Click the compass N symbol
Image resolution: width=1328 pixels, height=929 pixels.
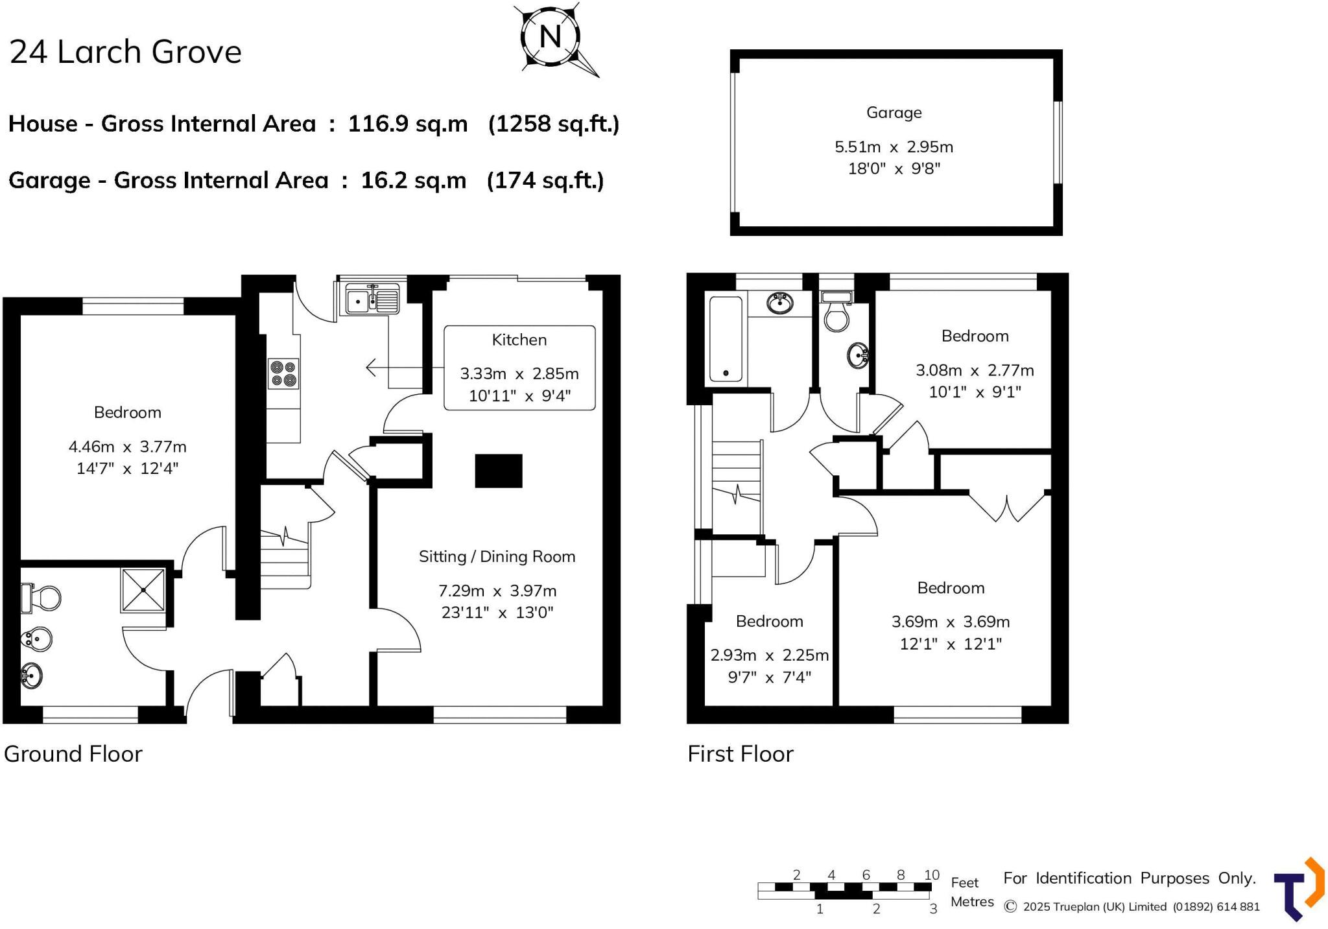click(550, 36)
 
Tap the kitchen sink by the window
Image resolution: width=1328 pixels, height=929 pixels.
click(372, 300)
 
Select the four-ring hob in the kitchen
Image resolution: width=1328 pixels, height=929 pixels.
click(283, 373)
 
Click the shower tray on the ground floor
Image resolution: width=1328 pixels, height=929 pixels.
click(143, 590)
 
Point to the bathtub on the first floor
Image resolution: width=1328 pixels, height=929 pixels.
click(726, 338)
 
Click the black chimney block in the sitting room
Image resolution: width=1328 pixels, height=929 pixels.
click(498, 471)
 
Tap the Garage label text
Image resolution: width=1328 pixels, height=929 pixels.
click(894, 113)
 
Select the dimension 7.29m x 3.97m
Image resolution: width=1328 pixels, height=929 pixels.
click(497, 591)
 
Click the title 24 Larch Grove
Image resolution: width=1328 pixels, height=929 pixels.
click(126, 52)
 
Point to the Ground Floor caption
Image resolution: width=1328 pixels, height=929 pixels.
click(73, 754)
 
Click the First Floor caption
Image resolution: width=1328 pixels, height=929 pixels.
click(740, 754)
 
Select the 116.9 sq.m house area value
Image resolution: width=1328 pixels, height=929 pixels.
click(407, 123)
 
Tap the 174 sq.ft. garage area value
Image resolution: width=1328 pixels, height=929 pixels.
click(545, 180)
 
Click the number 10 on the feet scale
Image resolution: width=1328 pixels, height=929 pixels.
click(931, 875)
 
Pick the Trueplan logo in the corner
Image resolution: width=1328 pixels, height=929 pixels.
click(1298, 889)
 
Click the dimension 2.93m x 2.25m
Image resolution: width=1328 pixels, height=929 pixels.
click(769, 655)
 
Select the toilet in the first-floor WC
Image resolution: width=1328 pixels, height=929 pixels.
click(836, 312)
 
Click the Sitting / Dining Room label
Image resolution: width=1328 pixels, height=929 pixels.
click(497, 556)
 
